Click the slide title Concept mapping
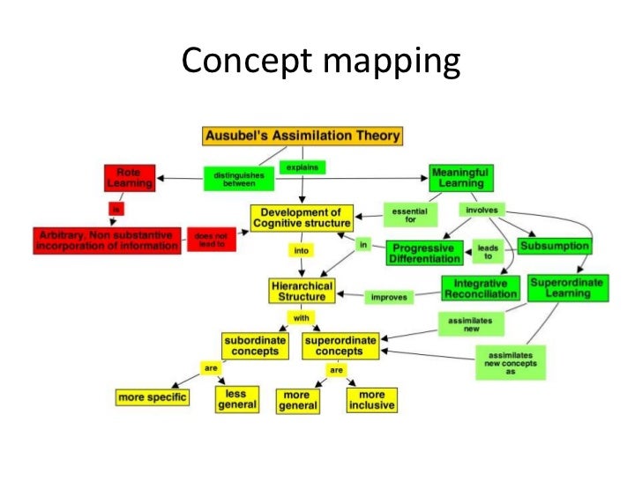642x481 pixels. (321, 62)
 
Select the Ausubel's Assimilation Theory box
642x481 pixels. (302, 136)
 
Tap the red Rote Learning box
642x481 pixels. (129, 177)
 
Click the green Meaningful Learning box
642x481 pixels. (461, 177)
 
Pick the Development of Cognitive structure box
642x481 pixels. (301, 218)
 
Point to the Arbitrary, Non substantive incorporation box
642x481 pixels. (106, 240)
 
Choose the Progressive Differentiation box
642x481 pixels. (426, 254)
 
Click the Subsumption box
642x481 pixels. (553, 246)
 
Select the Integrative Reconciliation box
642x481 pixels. (480, 289)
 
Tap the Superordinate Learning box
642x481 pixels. (567, 287)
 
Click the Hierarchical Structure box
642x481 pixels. (302, 292)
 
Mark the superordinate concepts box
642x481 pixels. (340, 345)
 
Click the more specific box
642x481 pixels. (152, 397)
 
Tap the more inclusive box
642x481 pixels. (371, 401)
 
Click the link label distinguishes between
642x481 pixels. (234, 179)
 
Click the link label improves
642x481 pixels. (389, 298)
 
